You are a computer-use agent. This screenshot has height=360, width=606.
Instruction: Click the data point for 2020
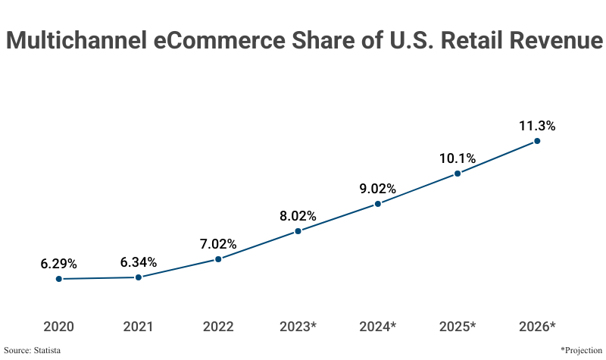[x=58, y=279]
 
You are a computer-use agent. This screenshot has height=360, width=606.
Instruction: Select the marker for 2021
[x=139, y=277]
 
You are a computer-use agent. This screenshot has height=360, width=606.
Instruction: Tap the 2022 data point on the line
[x=218, y=259]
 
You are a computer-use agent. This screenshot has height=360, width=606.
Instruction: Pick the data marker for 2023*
[x=298, y=231]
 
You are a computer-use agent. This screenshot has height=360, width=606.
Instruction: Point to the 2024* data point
[x=378, y=204]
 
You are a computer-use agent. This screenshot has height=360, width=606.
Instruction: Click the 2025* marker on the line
[x=458, y=174]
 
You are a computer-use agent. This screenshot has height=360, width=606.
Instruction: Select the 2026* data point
[x=537, y=141]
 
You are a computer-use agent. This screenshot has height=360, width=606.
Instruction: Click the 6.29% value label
[x=58, y=264]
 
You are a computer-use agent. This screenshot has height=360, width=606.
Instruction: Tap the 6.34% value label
[x=139, y=262]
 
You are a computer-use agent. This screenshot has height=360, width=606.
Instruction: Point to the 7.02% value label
[x=218, y=244]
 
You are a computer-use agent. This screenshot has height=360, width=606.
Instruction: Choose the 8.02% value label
[x=298, y=216]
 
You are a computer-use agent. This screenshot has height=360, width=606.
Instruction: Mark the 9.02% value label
[x=378, y=189]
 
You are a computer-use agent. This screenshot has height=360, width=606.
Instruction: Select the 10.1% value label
[x=458, y=158]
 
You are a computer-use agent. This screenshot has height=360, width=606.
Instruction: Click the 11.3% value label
[x=537, y=126]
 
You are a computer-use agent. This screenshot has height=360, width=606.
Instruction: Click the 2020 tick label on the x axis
[x=58, y=327]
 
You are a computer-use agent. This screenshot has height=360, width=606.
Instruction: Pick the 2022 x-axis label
[x=218, y=327]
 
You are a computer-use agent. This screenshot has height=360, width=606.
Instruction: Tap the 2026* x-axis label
[x=537, y=327]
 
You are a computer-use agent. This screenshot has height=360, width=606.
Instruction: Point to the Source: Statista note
[x=33, y=350]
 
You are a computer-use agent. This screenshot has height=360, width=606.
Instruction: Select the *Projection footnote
[x=581, y=350]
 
